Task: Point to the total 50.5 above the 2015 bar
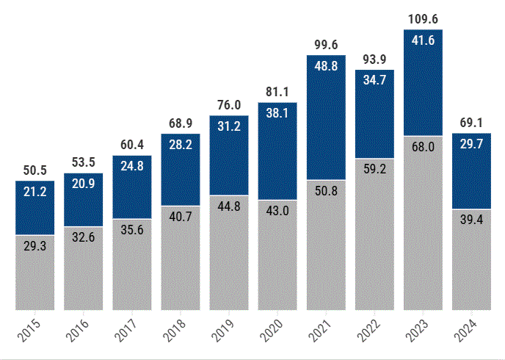pos(35,170)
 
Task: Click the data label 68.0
pos(423,147)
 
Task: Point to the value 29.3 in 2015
pos(35,247)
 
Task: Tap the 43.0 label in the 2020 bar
pos(277,210)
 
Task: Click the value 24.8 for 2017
pos(132,165)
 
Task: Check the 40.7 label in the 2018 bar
pos(181,217)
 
